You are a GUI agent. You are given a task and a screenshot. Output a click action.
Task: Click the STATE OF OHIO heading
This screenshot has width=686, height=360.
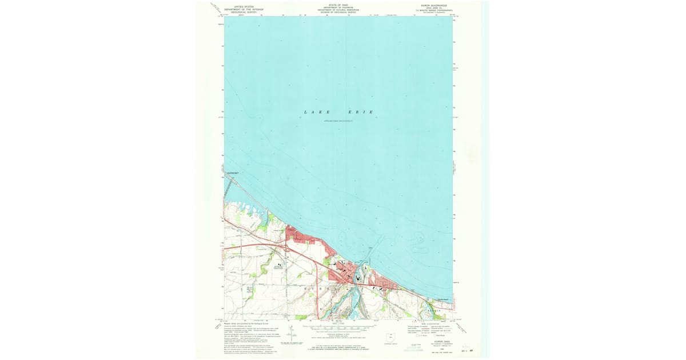[x=338, y=4]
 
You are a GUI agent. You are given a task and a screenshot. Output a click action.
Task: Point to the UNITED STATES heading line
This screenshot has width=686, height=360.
[x=244, y=6]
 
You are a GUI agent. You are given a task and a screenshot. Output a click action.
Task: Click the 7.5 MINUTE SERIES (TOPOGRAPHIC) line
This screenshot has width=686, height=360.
[x=434, y=10]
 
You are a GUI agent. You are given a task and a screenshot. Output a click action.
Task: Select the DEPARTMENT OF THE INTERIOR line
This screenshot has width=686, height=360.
[x=244, y=9]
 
